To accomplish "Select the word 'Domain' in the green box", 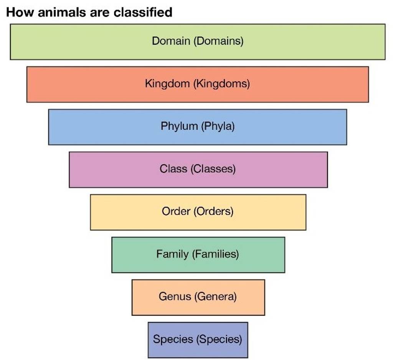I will coord(171,41).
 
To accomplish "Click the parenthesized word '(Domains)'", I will coord(218,41).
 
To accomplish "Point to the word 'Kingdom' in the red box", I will coord(167,83).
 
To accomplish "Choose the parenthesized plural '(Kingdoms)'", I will coord(222,83).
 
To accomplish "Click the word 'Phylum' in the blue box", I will coord(179,126).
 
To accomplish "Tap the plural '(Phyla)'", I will coord(218,126).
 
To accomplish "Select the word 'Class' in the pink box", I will coord(173,168).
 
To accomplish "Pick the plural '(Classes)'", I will coord(213,168).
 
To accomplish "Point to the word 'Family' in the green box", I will coord(173,254).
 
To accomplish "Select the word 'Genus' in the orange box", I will coord(175,296).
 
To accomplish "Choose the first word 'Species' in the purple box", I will coord(173,339).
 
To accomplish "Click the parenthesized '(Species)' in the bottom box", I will coord(219,339).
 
